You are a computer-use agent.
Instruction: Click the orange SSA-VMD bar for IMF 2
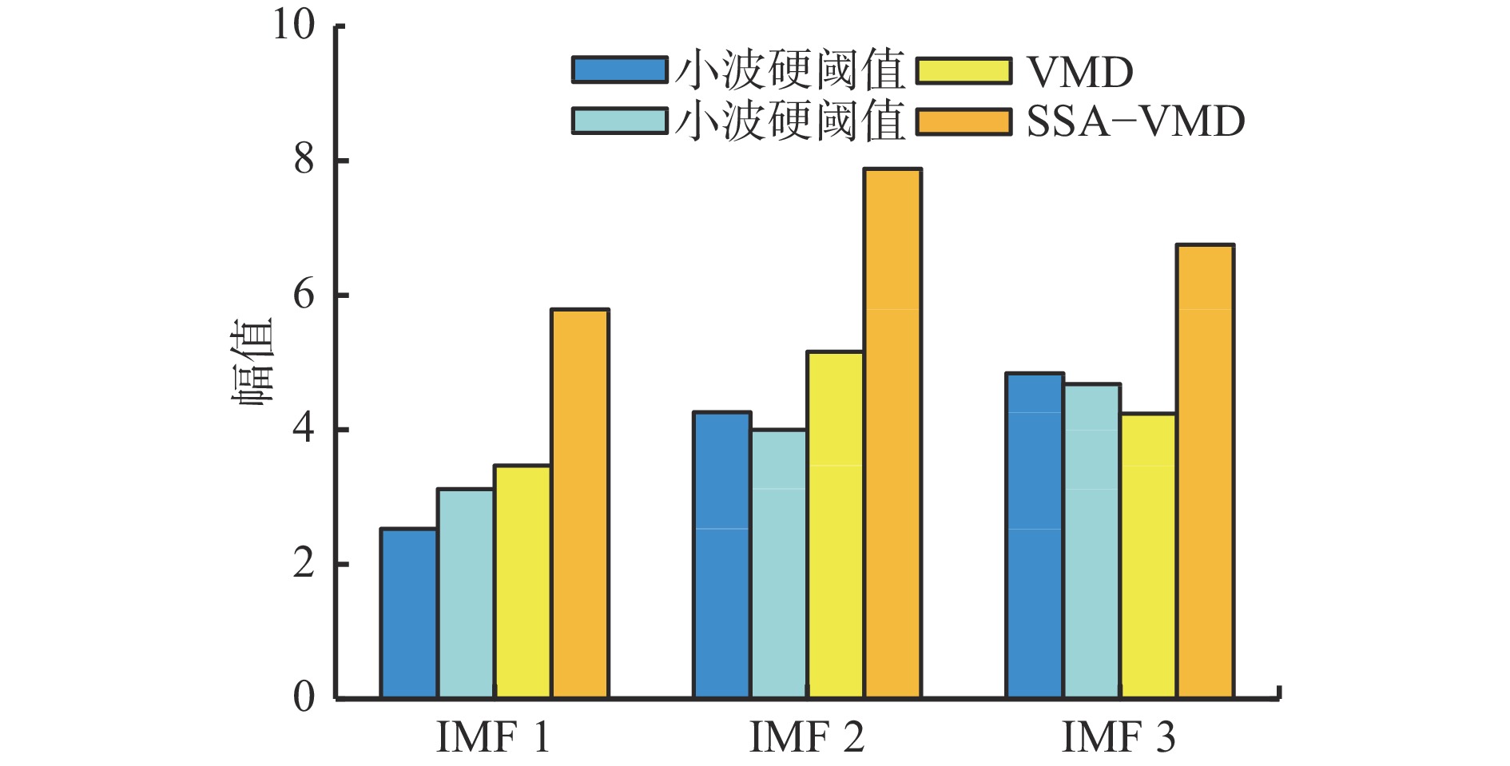point(893,434)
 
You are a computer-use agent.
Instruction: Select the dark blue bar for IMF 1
point(409,613)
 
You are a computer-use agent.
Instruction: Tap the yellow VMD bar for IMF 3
point(1148,556)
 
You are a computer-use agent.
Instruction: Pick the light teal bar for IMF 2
point(779,564)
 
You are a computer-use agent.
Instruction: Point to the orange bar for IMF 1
point(580,504)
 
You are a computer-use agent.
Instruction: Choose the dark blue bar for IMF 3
point(1035,536)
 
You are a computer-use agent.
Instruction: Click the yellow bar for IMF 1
point(523,581)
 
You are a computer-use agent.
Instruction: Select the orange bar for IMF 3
point(1206,471)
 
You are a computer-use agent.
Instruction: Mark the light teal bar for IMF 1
point(466,593)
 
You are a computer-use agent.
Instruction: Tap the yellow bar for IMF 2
point(836,525)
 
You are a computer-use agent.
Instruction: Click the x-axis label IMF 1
point(494,737)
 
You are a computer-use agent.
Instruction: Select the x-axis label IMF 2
point(807,737)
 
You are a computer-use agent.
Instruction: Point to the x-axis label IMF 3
point(1119,737)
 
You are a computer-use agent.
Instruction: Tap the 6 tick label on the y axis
point(304,295)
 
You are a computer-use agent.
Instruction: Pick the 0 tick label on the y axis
point(304,697)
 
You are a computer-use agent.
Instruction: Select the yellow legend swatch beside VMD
point(964,70)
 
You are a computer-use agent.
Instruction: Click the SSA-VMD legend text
point(1135,121)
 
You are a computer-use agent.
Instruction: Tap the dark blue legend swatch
point(620,70)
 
